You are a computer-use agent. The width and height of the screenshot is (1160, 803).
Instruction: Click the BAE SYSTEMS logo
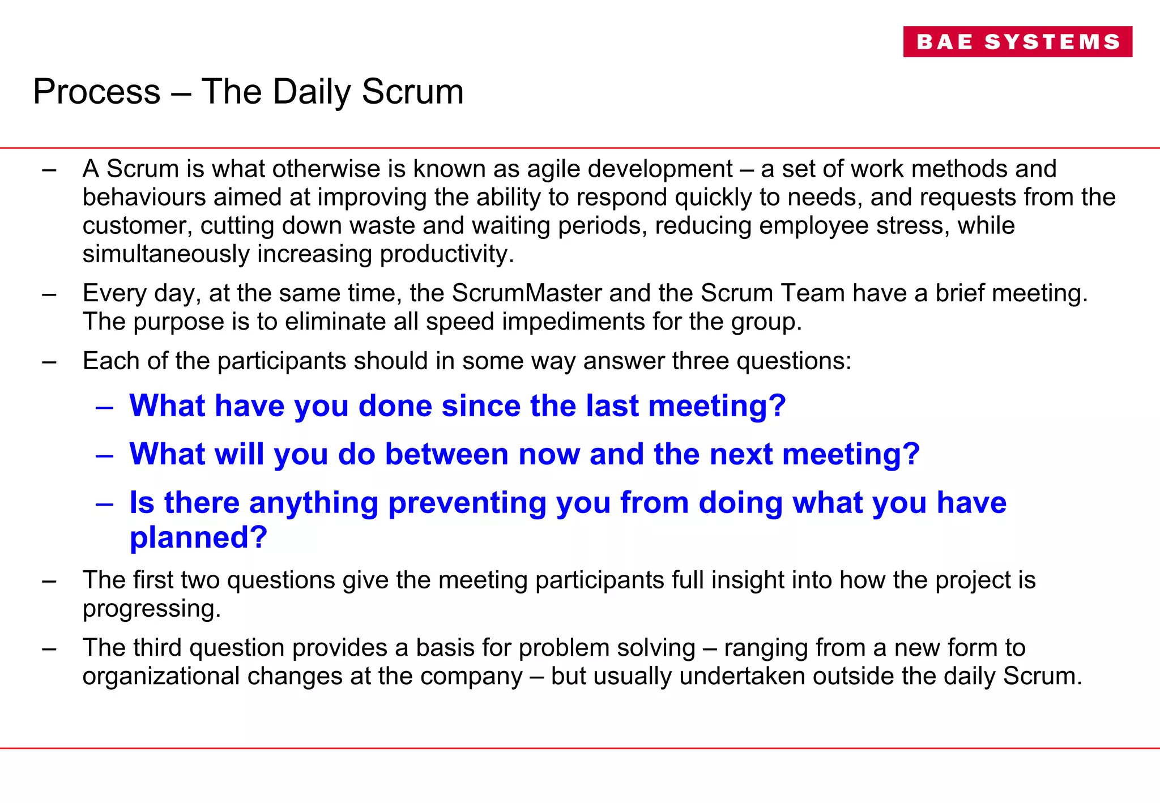tap(1017, 42)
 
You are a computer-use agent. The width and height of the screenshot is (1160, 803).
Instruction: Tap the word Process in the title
tap(97, 92)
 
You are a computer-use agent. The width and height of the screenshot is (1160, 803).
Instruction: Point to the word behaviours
tap(144, 198)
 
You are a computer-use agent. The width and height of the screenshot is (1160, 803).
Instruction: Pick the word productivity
tap(446, 254)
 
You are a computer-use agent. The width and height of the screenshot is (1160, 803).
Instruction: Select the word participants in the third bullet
tap(282, 361)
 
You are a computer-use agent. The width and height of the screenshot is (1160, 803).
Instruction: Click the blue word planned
tap(198, 537)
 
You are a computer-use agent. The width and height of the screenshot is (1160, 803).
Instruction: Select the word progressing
tap(151, 609)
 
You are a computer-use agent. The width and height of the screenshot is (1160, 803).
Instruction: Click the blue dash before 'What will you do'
tap(105, 455)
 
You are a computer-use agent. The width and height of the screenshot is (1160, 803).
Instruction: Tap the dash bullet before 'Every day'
tap(49, 294)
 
